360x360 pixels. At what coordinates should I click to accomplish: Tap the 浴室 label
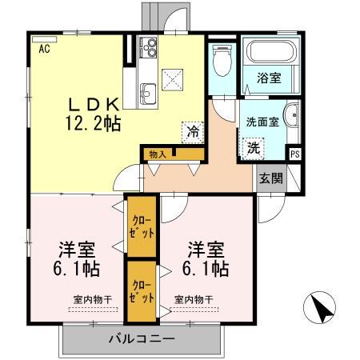(x=268, y=78)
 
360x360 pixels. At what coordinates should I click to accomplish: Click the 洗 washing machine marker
(x=253, y=147)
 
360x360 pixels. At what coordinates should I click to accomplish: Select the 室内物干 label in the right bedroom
(x=195, y=299)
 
